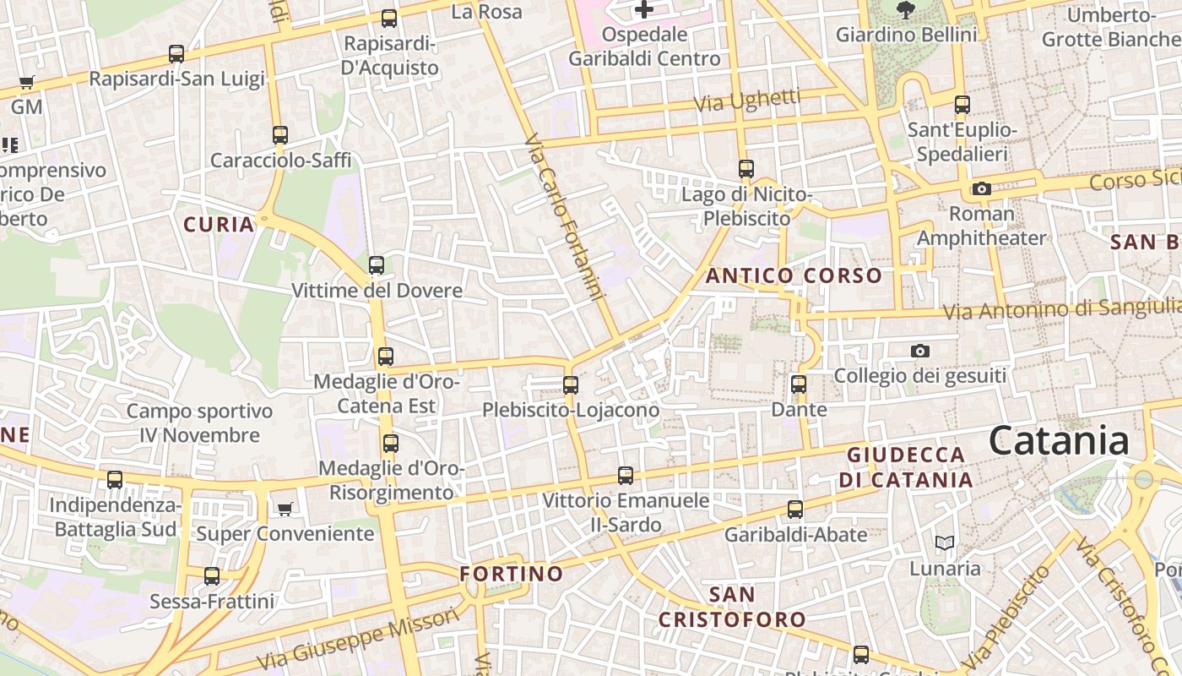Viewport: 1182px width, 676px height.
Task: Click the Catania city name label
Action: (x=1059, y=441)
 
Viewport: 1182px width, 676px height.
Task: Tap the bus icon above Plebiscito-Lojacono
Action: (x=571, y=385)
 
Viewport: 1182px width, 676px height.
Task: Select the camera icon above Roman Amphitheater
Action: (x=981, y=188)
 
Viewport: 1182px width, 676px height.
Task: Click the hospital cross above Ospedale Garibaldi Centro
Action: (x=644, y=10)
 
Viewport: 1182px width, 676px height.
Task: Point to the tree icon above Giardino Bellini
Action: (x=906, y=10)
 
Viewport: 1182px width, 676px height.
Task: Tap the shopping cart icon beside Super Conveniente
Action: (x=285, y=509)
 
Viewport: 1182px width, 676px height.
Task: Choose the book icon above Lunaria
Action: (x=945, y=542)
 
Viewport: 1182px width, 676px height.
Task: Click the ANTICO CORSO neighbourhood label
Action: (x=794, y=275)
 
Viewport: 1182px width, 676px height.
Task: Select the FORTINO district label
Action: (x=512, y=575)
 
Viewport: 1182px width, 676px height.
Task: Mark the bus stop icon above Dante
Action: (x=799, y=384)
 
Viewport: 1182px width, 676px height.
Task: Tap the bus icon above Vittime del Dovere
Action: (x=377, y=265)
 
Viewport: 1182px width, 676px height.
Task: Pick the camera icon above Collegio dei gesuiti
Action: (x=920, y=351)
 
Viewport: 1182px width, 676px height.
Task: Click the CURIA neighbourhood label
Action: (x=220, y=224)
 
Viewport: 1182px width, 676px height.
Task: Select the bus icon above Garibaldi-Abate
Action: (x=795, y=510)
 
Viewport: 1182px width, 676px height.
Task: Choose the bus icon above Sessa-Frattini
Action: (x=212, y=576)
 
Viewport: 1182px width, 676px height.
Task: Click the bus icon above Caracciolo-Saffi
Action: (x=280, y=135)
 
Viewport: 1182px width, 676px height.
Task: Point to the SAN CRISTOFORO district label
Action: (x=732, y=607)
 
